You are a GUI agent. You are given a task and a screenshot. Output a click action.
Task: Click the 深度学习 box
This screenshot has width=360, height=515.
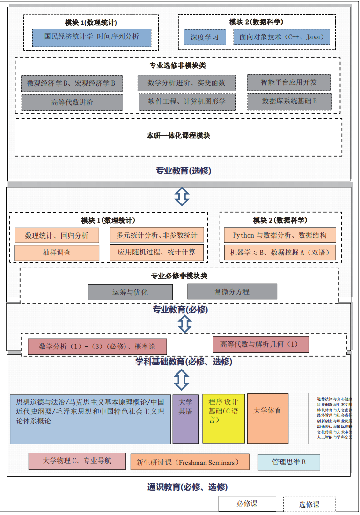point(205,37)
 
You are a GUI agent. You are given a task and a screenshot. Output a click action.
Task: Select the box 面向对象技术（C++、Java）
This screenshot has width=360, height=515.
point(282,37)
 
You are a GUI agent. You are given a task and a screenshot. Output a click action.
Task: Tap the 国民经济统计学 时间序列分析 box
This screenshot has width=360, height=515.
point(92,37)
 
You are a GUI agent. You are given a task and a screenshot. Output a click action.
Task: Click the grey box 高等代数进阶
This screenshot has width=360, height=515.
point(72,102)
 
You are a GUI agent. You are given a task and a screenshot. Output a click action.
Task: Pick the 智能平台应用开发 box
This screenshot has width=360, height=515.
point(289,82)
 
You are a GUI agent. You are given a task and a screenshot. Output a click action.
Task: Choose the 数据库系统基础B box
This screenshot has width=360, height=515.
point(289,101)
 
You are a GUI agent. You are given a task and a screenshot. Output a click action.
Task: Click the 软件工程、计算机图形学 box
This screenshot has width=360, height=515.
point(187,102)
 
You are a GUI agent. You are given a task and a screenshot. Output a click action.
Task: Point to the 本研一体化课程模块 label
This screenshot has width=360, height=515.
point(178,136)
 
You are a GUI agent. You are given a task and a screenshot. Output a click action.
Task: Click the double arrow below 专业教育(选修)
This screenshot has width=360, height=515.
point(182,196)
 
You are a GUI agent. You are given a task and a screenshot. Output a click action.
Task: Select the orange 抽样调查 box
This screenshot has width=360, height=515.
point(57,253)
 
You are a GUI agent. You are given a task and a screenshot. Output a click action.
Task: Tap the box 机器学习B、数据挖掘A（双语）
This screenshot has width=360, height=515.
point(280,253)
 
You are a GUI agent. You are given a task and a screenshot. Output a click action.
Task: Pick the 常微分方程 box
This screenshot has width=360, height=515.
point(232,291)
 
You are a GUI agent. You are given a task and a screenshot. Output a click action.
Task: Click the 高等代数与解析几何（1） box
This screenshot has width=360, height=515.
point(259,345)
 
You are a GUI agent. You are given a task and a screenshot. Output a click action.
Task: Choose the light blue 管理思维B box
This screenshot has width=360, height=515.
point(289,462)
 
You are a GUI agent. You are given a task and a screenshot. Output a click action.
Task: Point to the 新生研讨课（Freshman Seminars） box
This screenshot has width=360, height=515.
point(190,463)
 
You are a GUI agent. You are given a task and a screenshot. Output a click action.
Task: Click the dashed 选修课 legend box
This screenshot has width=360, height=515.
point(309,504)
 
